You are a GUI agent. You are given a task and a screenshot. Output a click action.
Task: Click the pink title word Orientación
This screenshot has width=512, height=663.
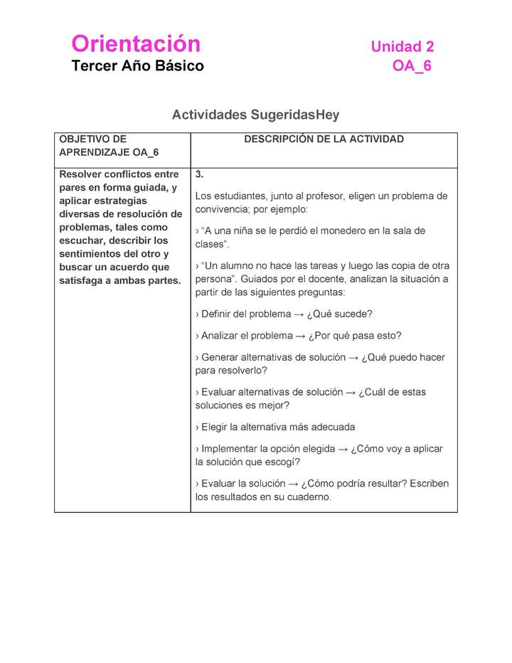tap(136, 44)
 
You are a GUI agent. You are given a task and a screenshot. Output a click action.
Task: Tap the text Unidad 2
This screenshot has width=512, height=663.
tap(402, 47)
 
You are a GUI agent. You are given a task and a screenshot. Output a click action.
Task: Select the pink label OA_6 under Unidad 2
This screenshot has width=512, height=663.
tap(412, 66)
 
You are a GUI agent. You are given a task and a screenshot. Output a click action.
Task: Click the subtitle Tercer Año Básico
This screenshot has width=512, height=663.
tap(137, 66)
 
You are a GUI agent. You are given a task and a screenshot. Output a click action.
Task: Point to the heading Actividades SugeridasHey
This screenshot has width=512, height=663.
tap(255, 115)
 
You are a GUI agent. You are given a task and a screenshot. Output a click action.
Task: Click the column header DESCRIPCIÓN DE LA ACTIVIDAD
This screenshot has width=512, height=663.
tap(324, 139)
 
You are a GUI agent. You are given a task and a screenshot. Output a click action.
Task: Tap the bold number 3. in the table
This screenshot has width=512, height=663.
tap(200, 174)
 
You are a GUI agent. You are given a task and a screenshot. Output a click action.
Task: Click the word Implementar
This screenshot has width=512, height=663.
tap(229, 449)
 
